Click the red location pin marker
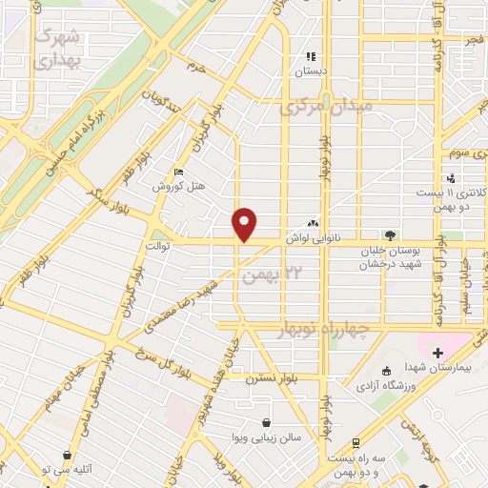(x=246, y=224)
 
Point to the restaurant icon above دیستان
(x=310, y=56)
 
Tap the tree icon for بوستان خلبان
(x=389, y=233)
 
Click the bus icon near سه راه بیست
(x=355, y=444)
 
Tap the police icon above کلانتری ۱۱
(x=451, y=178)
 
